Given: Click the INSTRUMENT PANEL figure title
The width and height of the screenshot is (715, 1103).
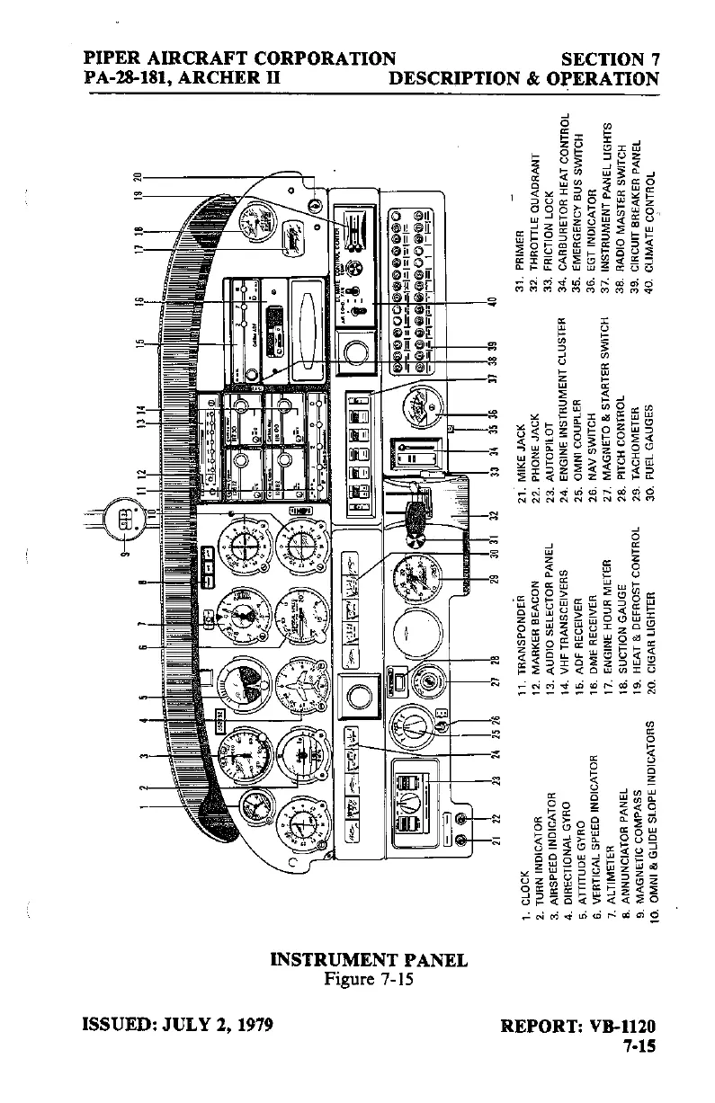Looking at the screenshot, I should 369,960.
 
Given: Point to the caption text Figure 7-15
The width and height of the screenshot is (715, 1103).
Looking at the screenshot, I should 368,979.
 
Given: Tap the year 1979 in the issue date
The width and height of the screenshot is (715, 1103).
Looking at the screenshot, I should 246,1025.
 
